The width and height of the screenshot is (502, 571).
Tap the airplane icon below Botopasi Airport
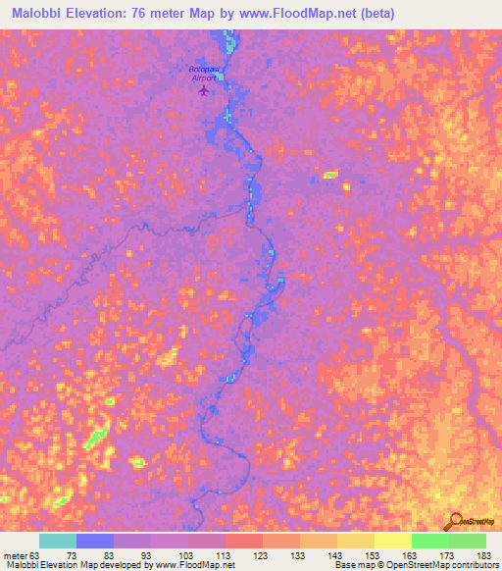[x=204, y=90]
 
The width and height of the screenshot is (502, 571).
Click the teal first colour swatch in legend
[x=58, y=542]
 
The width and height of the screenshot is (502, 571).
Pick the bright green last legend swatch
[x=467, y=542]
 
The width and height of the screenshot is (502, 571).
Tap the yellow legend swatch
[x=393, y=542]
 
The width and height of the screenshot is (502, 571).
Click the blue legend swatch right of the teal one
[x=95, y=542]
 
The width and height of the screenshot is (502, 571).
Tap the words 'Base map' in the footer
[x=352, y=565]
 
